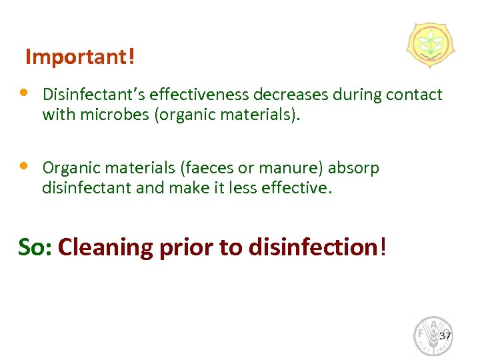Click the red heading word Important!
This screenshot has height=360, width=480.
(79, 58)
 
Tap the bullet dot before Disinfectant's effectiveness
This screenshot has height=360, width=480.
(23, 92)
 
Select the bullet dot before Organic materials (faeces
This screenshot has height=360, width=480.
(23, 165)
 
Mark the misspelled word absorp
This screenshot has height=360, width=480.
(353, 169)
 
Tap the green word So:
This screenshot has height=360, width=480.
(35, 247)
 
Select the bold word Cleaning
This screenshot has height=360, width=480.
(105, 247)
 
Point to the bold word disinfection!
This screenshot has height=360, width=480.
(317, 247)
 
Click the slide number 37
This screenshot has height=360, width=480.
(445, 335)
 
